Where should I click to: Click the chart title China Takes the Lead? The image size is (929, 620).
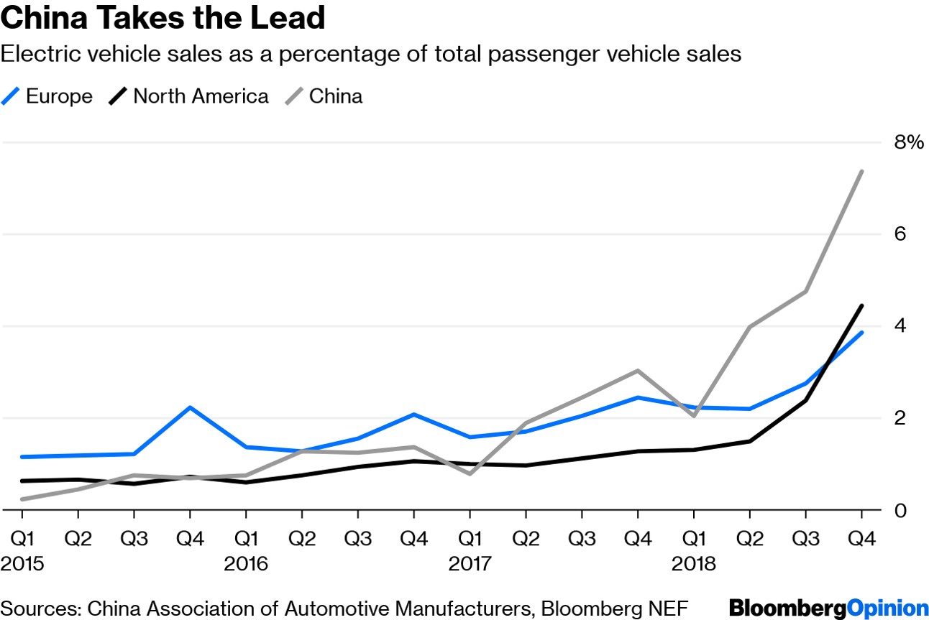[x=163, y=19]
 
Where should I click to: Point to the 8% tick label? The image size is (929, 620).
[x=908, y=142]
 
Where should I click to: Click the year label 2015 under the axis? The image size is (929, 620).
[x=22, y=564]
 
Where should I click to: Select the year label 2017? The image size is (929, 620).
[x=470, y=564]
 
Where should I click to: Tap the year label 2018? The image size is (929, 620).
[x=694, y=564]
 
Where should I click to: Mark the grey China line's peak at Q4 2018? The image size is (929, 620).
[x=861, y=171]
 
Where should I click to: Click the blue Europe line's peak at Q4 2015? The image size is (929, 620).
[x=190, y=407]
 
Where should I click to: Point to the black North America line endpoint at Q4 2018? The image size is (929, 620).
[x=861, y=305]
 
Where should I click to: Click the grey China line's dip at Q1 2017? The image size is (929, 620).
[x=470, y=474]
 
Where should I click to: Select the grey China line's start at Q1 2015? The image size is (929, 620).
[x=22, y=499]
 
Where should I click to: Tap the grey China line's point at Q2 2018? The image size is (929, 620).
[x=750, y=327]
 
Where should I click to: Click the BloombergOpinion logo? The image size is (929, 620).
[x=828, y=607]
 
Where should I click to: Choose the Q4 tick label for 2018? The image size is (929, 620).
[x=861, y=537]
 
